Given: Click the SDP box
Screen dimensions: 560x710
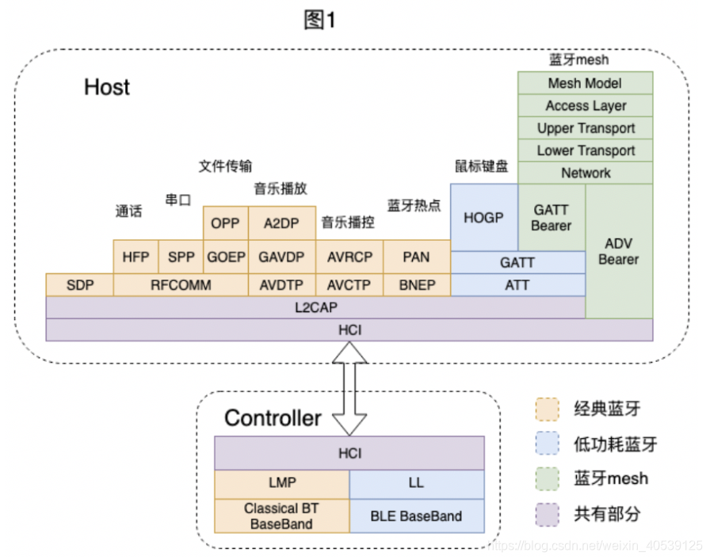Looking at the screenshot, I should pos(79,284).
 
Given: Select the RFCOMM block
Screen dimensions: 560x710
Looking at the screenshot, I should pos(181,284).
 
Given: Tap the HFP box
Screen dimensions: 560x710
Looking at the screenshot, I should pos(136,257).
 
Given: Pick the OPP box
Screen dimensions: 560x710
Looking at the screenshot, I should pos(225,223).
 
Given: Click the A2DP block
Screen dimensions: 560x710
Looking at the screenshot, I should pos(281,223).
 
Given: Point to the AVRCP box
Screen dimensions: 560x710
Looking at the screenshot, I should pos(349,257).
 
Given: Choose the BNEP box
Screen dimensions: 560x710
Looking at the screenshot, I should pos(416,284).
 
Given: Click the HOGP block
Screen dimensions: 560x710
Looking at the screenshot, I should pos(483,216).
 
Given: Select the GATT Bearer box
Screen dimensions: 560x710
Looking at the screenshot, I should pos(552,217).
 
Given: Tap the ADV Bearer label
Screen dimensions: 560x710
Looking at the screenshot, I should pos(619,251).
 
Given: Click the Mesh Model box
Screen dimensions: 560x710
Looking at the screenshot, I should pos(585,83).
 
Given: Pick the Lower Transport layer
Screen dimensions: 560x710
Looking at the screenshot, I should pos(585,150).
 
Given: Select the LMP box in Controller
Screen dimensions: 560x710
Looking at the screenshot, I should pos(281,482).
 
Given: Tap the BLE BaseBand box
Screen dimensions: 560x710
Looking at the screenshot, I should pos(416,516).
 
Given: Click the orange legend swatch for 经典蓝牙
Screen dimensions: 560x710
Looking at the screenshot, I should pos(547,410).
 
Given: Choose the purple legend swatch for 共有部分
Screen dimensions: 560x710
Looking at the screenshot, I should pos(547,515).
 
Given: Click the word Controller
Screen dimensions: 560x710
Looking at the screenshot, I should pos(273,418).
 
